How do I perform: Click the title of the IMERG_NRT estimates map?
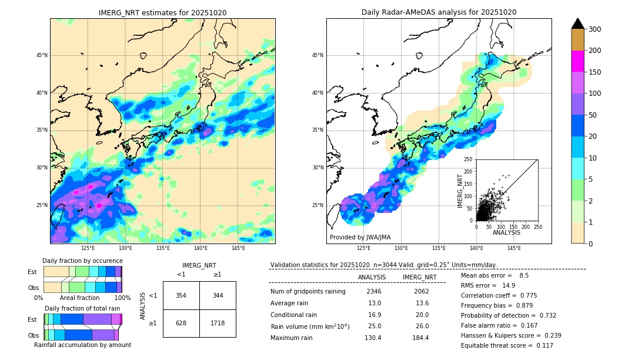point(162,12)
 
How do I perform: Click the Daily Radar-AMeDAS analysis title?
point(439,12)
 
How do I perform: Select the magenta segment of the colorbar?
point(577,61)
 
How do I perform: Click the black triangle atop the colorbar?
point(577,24)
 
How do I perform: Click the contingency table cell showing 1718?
point(218,323)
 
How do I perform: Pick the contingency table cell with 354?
point(181,295)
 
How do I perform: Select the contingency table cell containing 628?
point(181,323)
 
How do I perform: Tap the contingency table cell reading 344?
point(218,295)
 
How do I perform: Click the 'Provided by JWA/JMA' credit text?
point(360,237)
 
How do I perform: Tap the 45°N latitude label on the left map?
point(42,55)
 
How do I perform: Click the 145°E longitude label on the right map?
point(514,249)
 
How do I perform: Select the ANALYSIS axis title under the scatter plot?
point(506,232)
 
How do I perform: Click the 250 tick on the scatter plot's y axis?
point(469,159)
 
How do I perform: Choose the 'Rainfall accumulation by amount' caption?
point(82,345)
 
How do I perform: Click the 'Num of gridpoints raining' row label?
point(308,291)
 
